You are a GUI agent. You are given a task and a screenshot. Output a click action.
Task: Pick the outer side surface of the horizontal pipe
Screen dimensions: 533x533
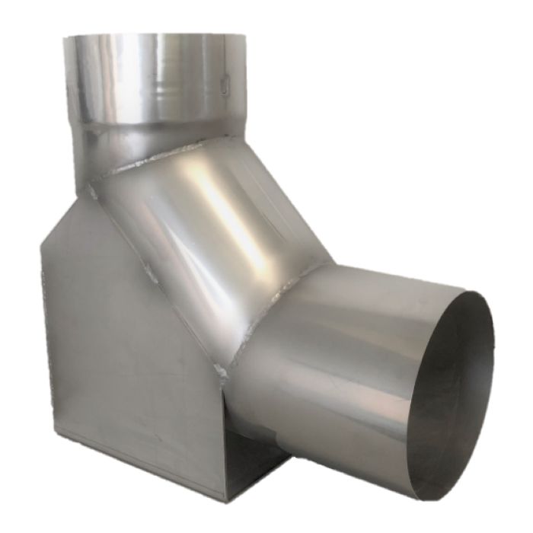[x=343, y=365]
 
